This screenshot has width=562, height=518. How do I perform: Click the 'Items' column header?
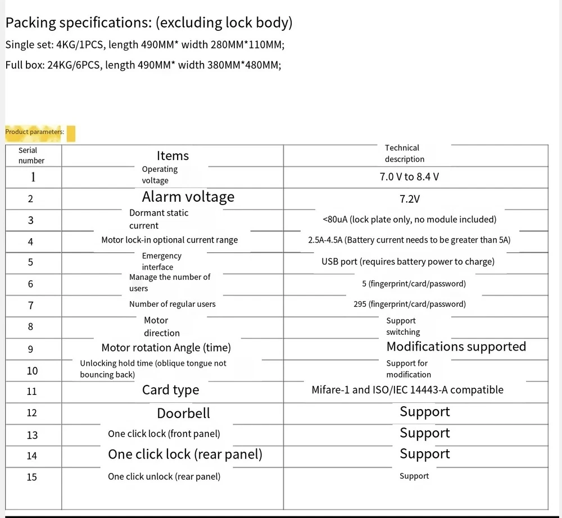173,156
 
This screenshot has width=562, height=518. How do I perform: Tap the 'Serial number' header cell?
31,155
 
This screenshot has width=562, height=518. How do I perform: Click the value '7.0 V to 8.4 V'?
409,176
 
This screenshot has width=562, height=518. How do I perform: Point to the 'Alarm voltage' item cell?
188,197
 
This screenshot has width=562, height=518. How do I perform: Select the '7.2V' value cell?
410,199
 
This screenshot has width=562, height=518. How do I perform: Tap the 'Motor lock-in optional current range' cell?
169,240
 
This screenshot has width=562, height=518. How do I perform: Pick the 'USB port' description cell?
408,261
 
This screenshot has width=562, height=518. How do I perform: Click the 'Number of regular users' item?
172,304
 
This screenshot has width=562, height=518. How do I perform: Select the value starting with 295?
410,304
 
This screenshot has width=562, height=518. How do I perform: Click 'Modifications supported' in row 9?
456,347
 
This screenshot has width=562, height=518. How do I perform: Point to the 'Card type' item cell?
170,390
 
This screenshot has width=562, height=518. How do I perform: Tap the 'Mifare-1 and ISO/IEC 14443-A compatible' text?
407,390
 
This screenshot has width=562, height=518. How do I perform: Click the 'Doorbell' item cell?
183,414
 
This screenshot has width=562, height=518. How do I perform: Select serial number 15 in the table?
31,477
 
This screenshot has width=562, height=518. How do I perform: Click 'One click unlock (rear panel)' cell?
164,476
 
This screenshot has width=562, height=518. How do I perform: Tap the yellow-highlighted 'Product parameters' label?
34,132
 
